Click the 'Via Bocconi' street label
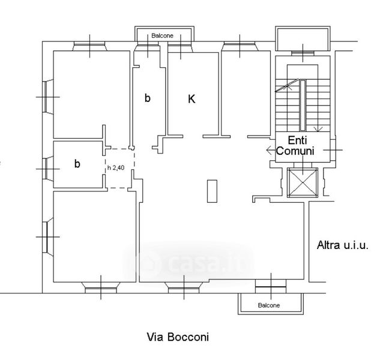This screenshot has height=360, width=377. coord(178,337)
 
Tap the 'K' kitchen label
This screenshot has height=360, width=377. coord(192,99)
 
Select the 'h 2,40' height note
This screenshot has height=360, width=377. coord(116,167)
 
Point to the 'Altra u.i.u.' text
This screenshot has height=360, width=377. coord(343,245)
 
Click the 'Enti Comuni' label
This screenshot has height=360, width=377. coord(295,145)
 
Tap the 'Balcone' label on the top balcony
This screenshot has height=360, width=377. coord(162,35)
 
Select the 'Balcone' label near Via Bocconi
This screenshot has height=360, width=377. coord(269,305)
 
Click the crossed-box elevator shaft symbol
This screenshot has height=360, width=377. coord(303,182)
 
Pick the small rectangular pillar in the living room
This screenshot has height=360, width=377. coord(212,191)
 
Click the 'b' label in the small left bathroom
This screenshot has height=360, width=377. coord(77,164)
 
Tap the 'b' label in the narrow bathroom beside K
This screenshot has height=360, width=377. coord(148,98)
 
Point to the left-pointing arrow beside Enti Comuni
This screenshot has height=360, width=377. coord(271,151)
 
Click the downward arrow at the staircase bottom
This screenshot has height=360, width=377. coord(318,129)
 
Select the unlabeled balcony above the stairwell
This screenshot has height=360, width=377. coord(303,38)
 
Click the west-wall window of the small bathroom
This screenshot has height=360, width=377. coord(47,169)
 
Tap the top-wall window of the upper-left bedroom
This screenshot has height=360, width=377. coord(89,46)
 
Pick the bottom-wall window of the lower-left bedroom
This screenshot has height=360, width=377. coord(101,287)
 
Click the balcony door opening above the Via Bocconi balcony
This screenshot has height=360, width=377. coord(271,286)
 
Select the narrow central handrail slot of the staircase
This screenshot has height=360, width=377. coord(303,105)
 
